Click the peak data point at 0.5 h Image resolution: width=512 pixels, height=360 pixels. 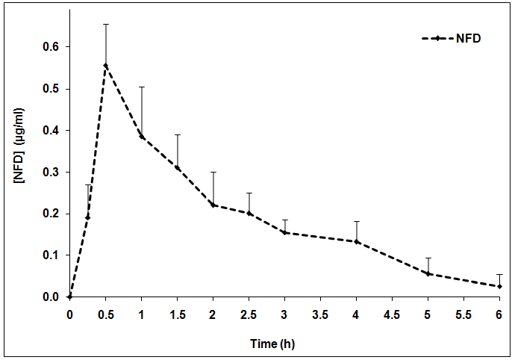(106, 65)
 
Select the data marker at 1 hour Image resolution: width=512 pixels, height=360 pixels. (142, 137)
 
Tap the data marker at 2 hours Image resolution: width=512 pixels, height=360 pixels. (213, 205)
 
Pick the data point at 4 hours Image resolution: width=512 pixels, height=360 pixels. (357, 241)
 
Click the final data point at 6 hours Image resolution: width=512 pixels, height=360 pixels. (500, 286)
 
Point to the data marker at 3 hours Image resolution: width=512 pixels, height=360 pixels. (285, 232)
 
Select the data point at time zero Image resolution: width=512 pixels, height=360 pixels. (70, 297)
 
